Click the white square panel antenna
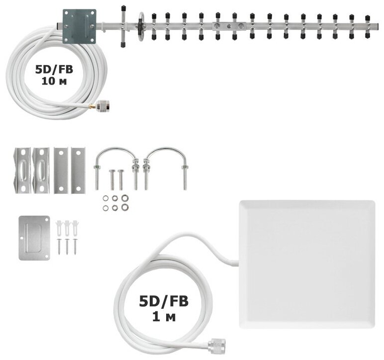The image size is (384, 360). [x=307, y=264]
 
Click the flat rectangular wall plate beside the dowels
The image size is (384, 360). [x=34, y=237]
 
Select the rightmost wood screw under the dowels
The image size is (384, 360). [x=75, y=246]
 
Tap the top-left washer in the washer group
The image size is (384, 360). [x=106, y=198]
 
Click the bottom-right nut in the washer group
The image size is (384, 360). [x=124, y=207]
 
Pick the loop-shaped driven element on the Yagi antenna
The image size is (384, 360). [x=141, y=23]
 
